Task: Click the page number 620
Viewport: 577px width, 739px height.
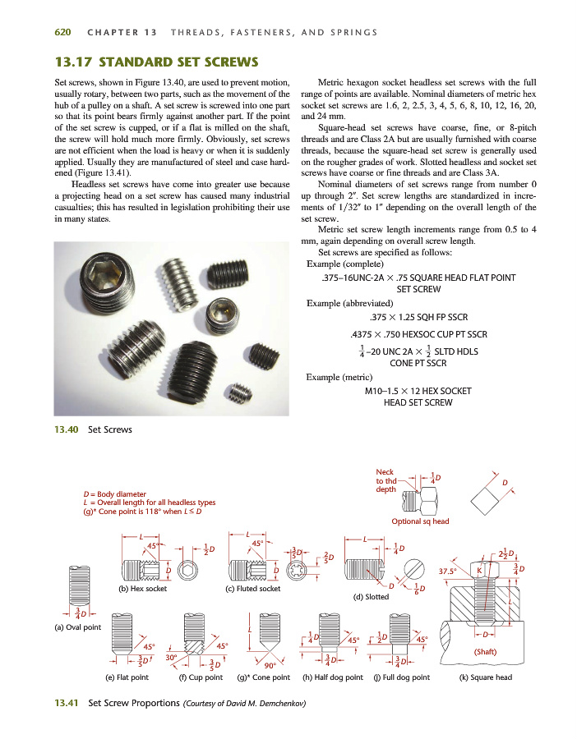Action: [63, 33]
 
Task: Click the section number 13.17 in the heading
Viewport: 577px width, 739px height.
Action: [73, 62]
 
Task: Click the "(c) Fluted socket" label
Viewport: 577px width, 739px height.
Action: [253, 589]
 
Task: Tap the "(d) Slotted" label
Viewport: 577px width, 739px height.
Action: [370, 597]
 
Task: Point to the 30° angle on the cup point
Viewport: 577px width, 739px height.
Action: [171, 657]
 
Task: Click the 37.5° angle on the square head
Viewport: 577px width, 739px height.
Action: [449, 570]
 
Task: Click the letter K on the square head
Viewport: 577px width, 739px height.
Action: [480, 568]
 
